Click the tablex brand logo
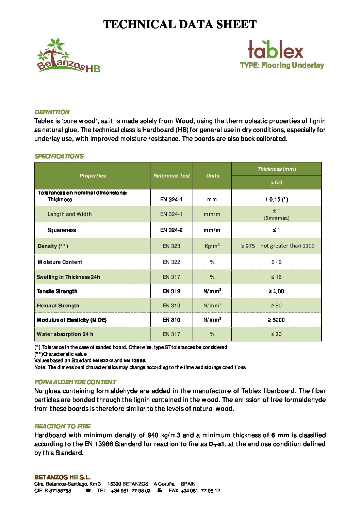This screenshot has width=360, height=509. pos(275,50)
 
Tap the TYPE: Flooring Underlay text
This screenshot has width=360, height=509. pos(282,65)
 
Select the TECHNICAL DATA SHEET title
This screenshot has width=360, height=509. pos(180,24)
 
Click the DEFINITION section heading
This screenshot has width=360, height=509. pos(52,112)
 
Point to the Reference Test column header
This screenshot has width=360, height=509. pos(171,176)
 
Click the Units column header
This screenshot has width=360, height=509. pos(212,176)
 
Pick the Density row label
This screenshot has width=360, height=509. pos(53,246)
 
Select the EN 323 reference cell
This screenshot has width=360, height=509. pos(171,246)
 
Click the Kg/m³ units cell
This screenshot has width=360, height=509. pos(212,246)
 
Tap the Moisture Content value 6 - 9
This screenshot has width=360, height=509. pos(276,262)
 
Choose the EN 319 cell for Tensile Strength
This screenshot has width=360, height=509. pos(171,291)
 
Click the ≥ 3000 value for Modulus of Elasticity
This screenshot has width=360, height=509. pos(276,320)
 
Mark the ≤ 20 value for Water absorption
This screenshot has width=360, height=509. pos(276,334)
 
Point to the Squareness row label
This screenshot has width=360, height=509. pos(62,230)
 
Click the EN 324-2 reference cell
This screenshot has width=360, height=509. pos(171,230)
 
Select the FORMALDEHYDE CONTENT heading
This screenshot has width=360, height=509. pos(75,382)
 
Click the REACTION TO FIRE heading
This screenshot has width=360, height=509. pos(63,426)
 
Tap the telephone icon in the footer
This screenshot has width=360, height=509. pos(88,491)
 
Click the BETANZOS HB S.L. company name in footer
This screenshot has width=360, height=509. pos(62,477)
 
